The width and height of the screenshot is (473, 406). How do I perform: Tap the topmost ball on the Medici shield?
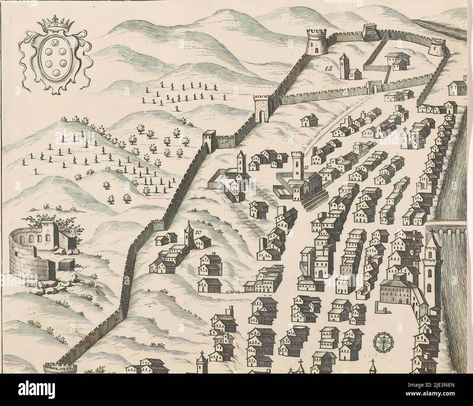pos(55,44)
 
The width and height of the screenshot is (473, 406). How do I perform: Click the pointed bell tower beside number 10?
pos(189,235)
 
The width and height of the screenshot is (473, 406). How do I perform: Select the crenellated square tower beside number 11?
pos(298,167)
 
